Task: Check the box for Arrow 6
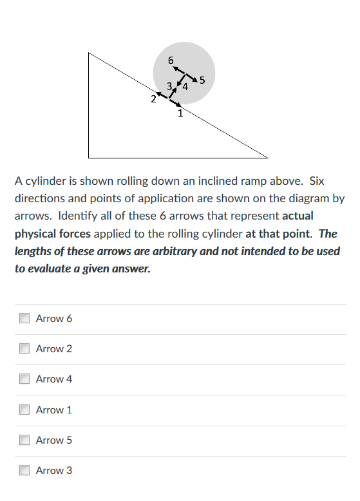pyautogui.click(x=24, y=318)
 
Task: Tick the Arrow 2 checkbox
pyautogui.click(x=24, y=348)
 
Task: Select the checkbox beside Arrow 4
pyautogui.click(x=24, y=379)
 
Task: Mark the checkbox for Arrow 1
pyautogui.click(x=24, y=410)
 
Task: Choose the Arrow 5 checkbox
pyautogui.click(x=24, y=440)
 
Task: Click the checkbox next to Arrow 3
pyautogui.click(x=24, y=471)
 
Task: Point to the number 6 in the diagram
pyautogui.click(x=171, y=60)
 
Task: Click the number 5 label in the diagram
pyautogui.click(x=202, y=80)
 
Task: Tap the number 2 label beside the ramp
pyautogui.click(x=153, y=99)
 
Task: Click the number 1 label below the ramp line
pyautogui.click(x=180, y=114)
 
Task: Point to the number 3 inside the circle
pyautogui.click(x=169, y=86)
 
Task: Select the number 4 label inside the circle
pyautogui.click(x=185, y=86)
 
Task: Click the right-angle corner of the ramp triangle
pyautogui.click(x=90, y=156)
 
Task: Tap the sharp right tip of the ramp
pyautogui.click(x=267, y=156)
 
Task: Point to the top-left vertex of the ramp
pyautogui.click(x=90, y=53)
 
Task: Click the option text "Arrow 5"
pyautogui.click(x=54, y=440)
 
